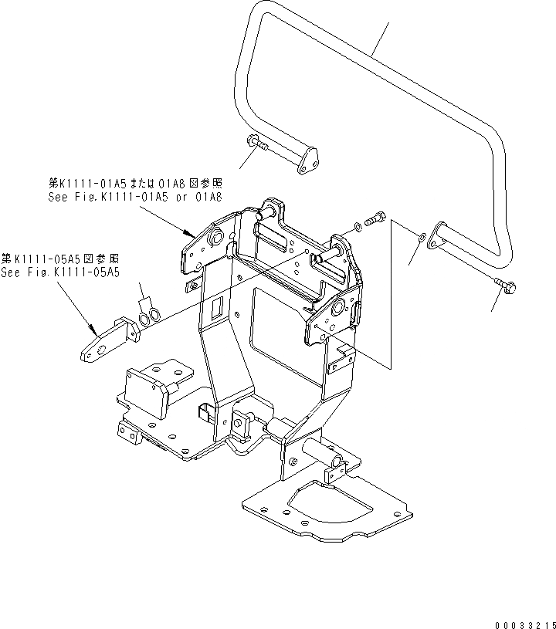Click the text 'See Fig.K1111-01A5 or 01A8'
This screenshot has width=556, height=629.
[134, 198]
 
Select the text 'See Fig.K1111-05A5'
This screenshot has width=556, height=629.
[60, 272]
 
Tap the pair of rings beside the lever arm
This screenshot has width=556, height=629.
[151, 314]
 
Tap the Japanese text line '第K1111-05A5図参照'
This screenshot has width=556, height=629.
[60, 259]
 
